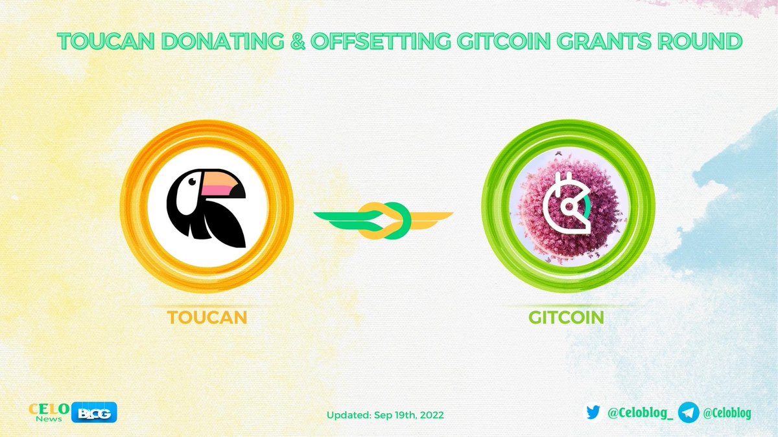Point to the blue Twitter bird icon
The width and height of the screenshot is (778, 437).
[592, 412]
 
